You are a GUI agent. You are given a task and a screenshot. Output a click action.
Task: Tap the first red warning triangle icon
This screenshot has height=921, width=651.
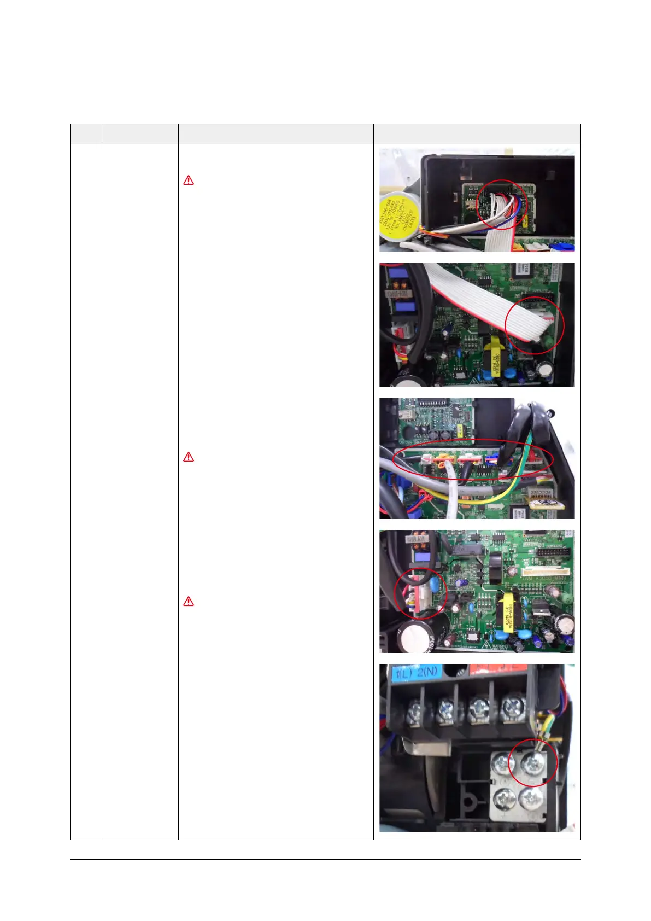point(189,180)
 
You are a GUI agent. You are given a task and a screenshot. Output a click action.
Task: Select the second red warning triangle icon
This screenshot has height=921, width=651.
point(189,457)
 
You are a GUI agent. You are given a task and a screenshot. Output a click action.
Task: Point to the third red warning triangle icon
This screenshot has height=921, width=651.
point(189,602)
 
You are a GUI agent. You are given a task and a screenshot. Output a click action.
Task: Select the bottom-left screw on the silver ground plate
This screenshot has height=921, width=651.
point(503,799)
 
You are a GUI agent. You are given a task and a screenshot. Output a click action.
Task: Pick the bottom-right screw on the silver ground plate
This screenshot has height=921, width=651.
point(531,799)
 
